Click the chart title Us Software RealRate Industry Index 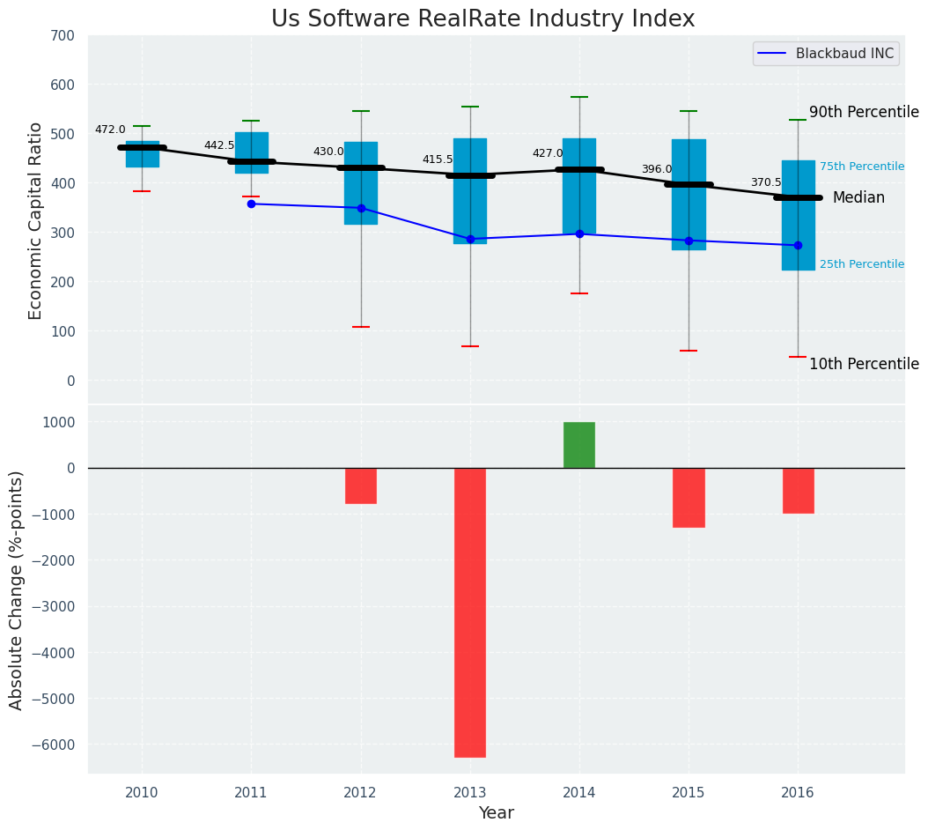(482, 19)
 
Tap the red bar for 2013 (469, 612)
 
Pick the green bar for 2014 (579, 445)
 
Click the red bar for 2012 (361, 485)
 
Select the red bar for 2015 (689, 498)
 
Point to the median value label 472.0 (110, 130)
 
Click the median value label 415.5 (438, 160)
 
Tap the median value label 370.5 (766, 183)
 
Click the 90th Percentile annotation (864, 113)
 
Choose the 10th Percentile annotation (864, 365)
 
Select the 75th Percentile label (861, 167)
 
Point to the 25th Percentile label (861, 264)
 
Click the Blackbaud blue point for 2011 (251, 204)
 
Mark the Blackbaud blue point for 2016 (798, 245)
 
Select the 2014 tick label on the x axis (579, 793)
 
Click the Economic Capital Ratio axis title (36, 220)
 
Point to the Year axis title (497, 813)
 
